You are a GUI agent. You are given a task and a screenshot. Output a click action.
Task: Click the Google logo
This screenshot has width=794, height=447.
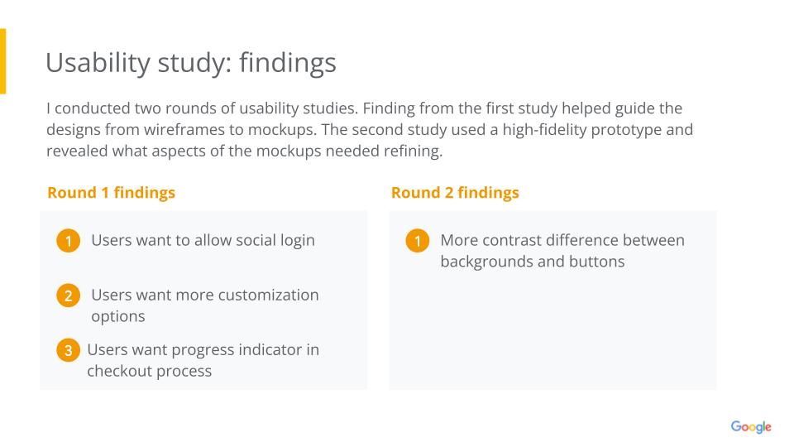click(751, 427)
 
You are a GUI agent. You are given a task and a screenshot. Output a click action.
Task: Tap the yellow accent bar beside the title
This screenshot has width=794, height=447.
click(2, 61)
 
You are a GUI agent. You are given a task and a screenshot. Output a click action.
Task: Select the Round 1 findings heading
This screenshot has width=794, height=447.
click(111, 193)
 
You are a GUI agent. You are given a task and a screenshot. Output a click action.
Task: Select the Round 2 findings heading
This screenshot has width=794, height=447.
click(455, 193)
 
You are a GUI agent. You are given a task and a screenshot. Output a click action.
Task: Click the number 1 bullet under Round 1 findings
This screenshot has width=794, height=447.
click(69, 241)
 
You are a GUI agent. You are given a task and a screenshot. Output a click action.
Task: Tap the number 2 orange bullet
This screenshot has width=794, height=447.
click(69, 296)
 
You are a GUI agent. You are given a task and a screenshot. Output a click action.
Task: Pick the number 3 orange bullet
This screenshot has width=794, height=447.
click(69, 350)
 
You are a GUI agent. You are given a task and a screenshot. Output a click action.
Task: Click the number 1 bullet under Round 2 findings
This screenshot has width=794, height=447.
click(418, 241)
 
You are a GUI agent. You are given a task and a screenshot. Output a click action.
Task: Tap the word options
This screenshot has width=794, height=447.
click(118, 317)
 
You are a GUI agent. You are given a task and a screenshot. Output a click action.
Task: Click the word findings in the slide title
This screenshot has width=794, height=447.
click(288, 65)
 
